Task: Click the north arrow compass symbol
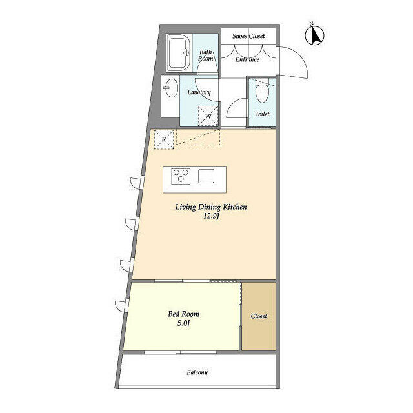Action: [314, 35]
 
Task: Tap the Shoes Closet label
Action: [248, 36]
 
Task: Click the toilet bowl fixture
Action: [262, 92]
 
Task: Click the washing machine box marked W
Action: [208, 116]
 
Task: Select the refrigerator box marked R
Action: [164, 139]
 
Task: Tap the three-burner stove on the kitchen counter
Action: [181, 176]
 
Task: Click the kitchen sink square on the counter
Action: [206, 176]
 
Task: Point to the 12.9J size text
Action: [211, 217]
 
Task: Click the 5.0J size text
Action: [183, 323]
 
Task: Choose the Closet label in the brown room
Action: [259, 316]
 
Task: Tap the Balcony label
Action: [197, 372]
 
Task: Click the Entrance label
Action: [247, 59]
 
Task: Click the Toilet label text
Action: [262, 114]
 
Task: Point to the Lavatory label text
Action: [199, 92]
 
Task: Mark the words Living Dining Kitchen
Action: [211, 207]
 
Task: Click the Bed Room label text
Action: [183, 314]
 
